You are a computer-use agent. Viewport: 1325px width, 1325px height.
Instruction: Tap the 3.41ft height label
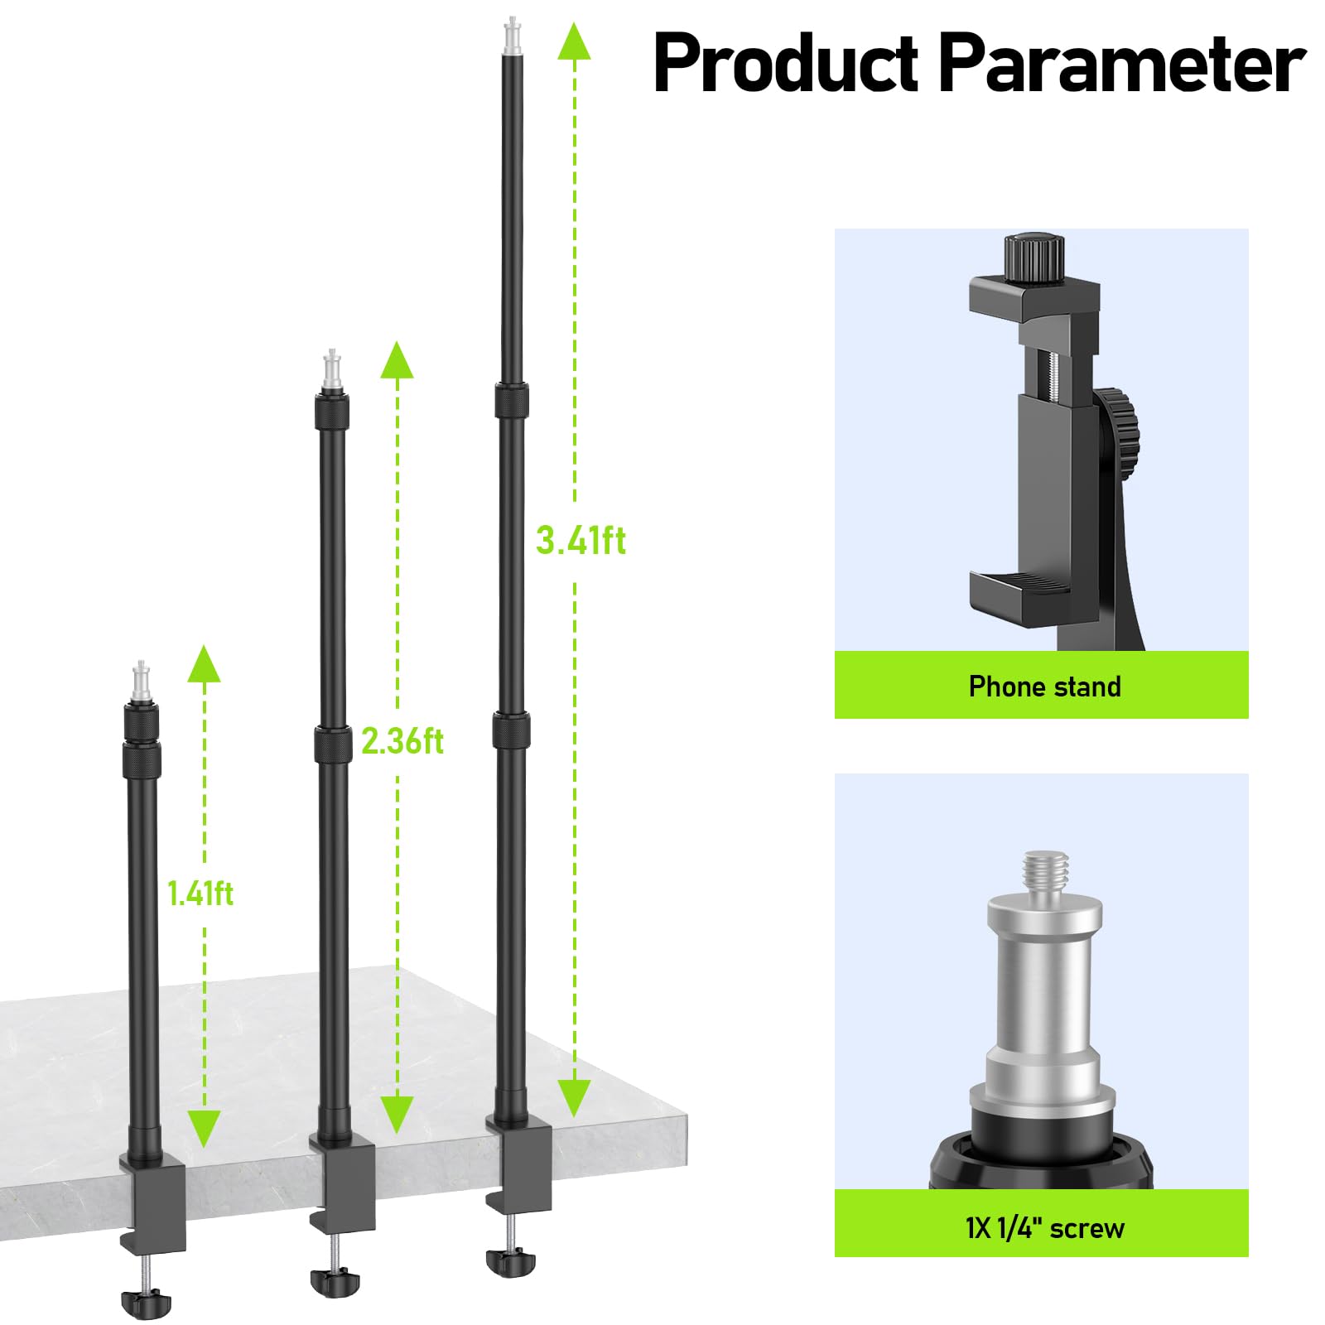coord(581,541)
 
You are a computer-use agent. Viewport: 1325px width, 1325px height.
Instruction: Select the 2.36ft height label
coord(402,740)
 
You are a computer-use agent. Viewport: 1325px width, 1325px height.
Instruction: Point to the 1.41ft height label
coord(200,894)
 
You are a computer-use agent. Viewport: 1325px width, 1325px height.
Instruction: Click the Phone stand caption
coord(1044,687)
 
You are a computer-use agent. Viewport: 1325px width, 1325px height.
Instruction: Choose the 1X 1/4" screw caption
coord(1044,1228)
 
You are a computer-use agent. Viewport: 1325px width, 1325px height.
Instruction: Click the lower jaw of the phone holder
coord(1020,592)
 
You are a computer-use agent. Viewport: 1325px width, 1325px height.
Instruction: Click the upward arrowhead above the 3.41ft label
coord(574,41)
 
